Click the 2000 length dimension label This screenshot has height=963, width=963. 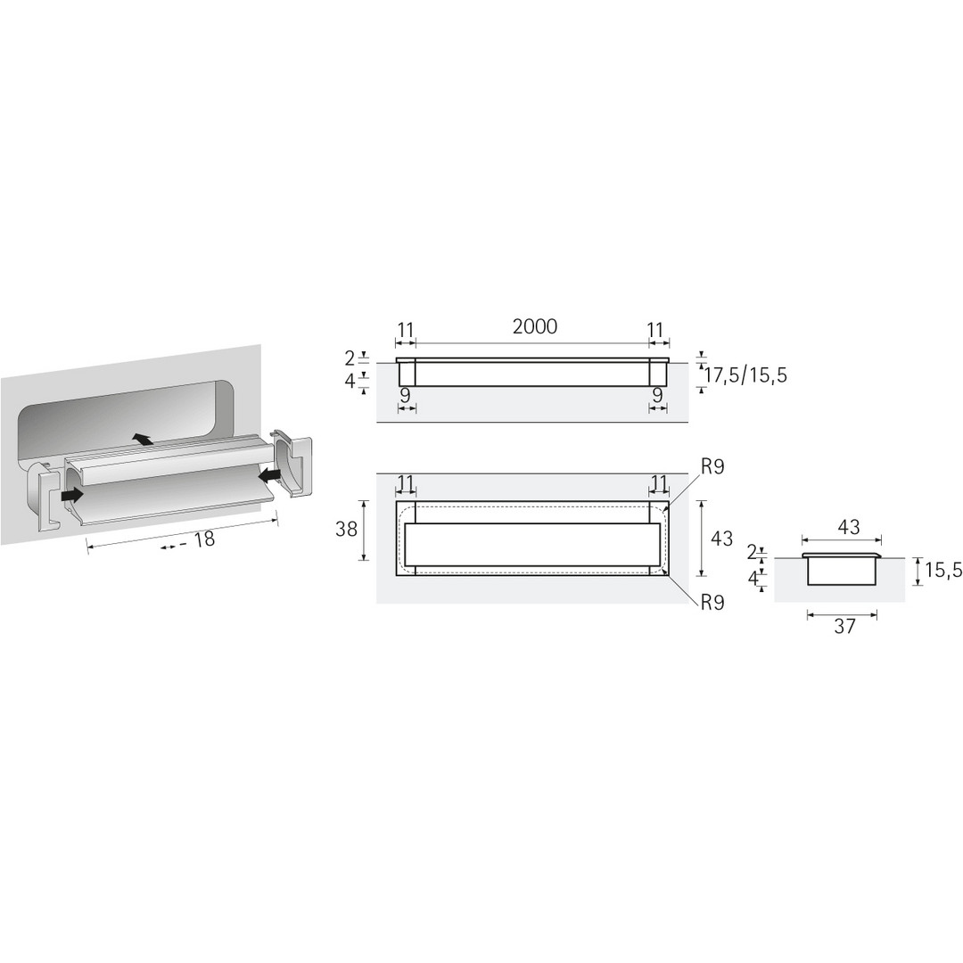[535, 326]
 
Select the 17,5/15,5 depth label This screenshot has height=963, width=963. [745, 374]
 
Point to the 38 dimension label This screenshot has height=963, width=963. [346, 529]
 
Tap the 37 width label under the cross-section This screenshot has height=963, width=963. [844, 626]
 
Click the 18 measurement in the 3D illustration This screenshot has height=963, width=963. [204, 539]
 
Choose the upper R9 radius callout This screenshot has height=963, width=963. [712, 466]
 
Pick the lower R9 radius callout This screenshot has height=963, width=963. [712, 603]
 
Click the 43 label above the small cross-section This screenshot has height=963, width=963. [848, 526]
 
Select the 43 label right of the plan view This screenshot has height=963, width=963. [721, 538]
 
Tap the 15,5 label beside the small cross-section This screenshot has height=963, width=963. [944, 571]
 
